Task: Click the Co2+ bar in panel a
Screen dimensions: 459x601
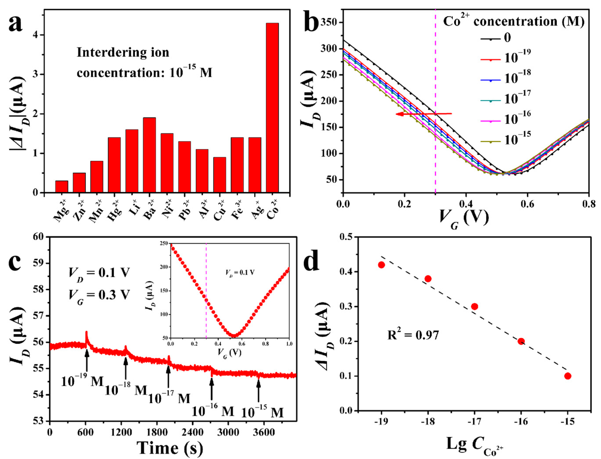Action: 272,108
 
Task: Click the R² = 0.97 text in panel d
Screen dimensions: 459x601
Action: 413,335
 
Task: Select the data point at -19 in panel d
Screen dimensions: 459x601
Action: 381,265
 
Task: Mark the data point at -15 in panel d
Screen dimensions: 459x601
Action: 568,376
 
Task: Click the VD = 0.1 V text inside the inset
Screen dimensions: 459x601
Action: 240,272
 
